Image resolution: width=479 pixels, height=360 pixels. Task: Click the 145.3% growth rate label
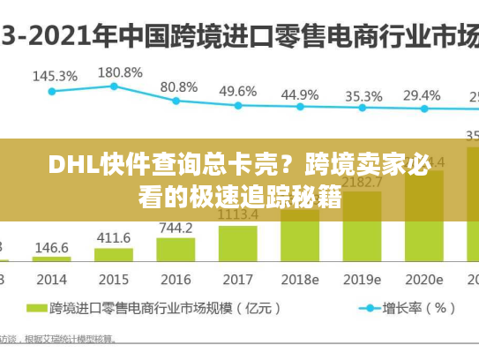[52, 76]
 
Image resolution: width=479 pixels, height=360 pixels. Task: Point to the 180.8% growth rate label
[118, 71]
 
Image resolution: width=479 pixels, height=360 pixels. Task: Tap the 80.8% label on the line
[179, 86]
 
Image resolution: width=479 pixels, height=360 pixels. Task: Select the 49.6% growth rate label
[237, 91]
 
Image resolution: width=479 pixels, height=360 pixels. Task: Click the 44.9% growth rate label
[300, 94]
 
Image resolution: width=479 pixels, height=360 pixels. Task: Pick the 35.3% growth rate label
[363, 96]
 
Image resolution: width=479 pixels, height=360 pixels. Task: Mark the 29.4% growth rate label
[422, 95]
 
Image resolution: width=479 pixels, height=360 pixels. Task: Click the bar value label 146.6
[52, 248]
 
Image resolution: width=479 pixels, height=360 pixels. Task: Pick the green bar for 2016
[176, 249]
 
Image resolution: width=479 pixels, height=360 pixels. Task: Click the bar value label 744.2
[176, 228]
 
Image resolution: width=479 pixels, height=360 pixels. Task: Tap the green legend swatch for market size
[36, 309]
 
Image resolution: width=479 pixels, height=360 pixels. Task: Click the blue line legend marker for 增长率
[368, 309]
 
